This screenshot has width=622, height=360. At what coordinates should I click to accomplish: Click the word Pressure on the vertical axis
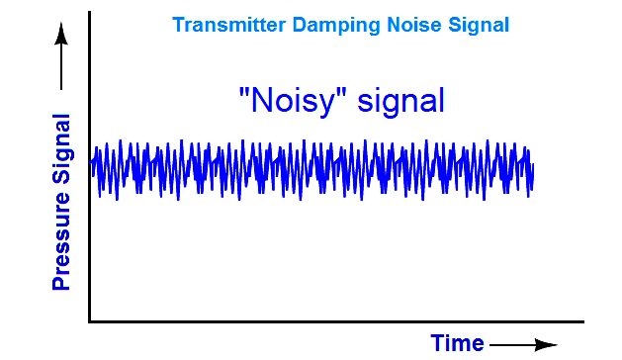[x=61, y=237]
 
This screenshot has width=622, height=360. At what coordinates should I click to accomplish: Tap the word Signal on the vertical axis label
[x=61, y=148]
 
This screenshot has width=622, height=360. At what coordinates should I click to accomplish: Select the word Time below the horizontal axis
[x=457, y=342]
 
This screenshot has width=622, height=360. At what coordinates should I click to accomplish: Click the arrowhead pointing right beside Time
[x=550, y=344]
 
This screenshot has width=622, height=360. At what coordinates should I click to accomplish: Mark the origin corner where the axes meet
[x=90, y=320]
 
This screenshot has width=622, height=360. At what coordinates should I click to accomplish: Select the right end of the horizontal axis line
[x=583, y=320]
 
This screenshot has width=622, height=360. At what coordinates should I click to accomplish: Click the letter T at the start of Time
[x=438, y=342]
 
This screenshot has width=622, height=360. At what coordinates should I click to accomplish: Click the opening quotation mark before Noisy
[x=244, y=90]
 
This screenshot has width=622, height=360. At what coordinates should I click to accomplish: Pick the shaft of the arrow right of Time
[x=514, y=344]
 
